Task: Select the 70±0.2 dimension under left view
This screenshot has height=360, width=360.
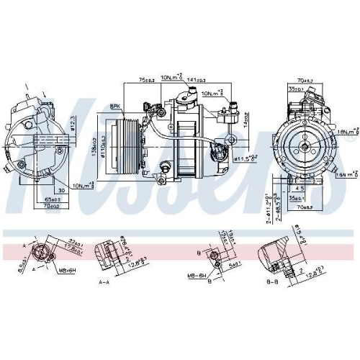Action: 52,206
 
